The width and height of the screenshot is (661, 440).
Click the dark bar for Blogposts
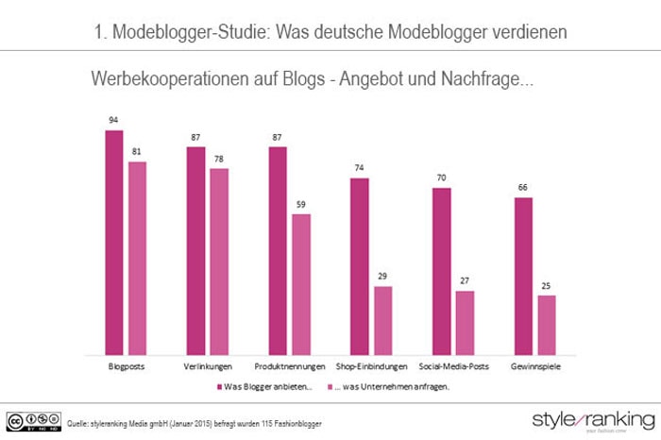tap(114, 241)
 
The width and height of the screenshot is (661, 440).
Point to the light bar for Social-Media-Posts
tap(465, 321)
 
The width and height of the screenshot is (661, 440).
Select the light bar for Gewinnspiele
tap(547, 323)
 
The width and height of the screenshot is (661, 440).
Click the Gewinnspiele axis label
tap(534, 365)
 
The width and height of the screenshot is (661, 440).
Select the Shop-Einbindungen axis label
tap(371, 365)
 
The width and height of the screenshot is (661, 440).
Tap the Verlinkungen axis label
tap(208, 365)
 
